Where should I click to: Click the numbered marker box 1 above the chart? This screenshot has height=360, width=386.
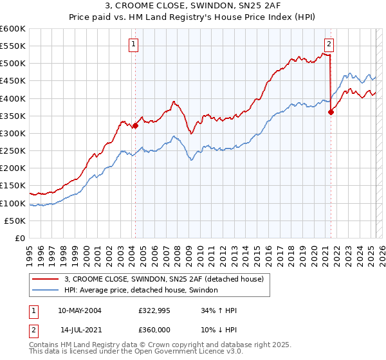133,44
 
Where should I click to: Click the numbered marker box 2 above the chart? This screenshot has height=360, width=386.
329,44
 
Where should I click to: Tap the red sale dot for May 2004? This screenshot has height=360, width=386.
135,126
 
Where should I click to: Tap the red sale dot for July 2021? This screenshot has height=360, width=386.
331,112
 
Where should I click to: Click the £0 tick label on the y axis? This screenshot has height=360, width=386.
21,238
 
